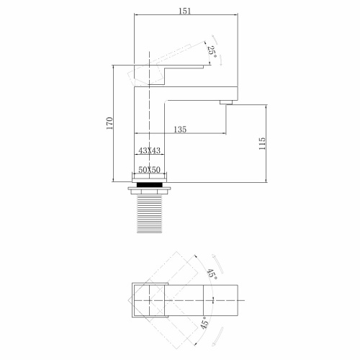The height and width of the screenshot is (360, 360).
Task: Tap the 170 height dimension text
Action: [109, 122]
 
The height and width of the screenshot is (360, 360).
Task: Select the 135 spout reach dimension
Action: [180, 130]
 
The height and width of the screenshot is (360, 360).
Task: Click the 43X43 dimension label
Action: [149, 151]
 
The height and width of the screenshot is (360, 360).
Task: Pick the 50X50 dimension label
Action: [150, 168]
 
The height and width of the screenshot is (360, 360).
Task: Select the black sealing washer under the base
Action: [150, 184]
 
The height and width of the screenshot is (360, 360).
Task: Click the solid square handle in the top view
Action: [150, 303]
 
